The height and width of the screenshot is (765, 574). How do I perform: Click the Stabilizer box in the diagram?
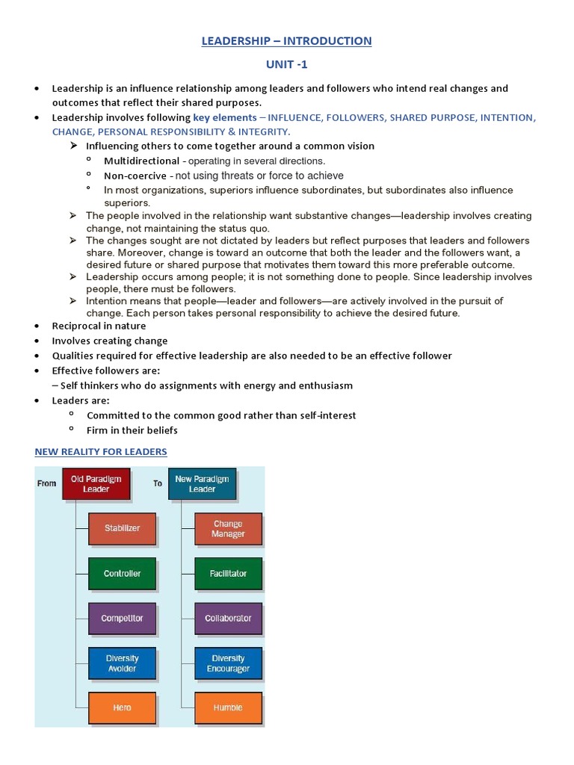point(122,528)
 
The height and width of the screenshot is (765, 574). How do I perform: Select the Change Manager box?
point(228,528)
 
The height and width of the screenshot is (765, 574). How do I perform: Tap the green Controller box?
point(122,573)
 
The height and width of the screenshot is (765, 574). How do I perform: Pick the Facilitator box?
point(228,573)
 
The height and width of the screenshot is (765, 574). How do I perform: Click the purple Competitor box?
point(122,618)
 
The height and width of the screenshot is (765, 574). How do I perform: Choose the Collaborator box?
point(228,618)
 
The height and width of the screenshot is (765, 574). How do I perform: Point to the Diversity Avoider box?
point(122,663)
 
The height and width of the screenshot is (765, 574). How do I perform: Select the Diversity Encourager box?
point(228,663)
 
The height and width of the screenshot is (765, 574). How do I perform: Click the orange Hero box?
point(122,707)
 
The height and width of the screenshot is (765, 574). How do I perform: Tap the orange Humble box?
point(228,707)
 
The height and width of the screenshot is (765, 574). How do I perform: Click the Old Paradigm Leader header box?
point(96,483)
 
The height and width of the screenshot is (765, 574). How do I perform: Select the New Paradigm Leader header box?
point(202,483)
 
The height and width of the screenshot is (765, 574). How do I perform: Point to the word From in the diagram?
point(46,483)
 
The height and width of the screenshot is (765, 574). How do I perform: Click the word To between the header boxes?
point(158,483)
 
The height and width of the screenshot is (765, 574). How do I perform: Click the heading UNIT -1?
point(286,64)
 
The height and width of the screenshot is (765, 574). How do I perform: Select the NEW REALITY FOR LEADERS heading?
point(101,451)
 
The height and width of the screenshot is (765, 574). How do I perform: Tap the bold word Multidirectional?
point(141,161)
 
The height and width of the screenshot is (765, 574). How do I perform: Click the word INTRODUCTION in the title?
point(327,40)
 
